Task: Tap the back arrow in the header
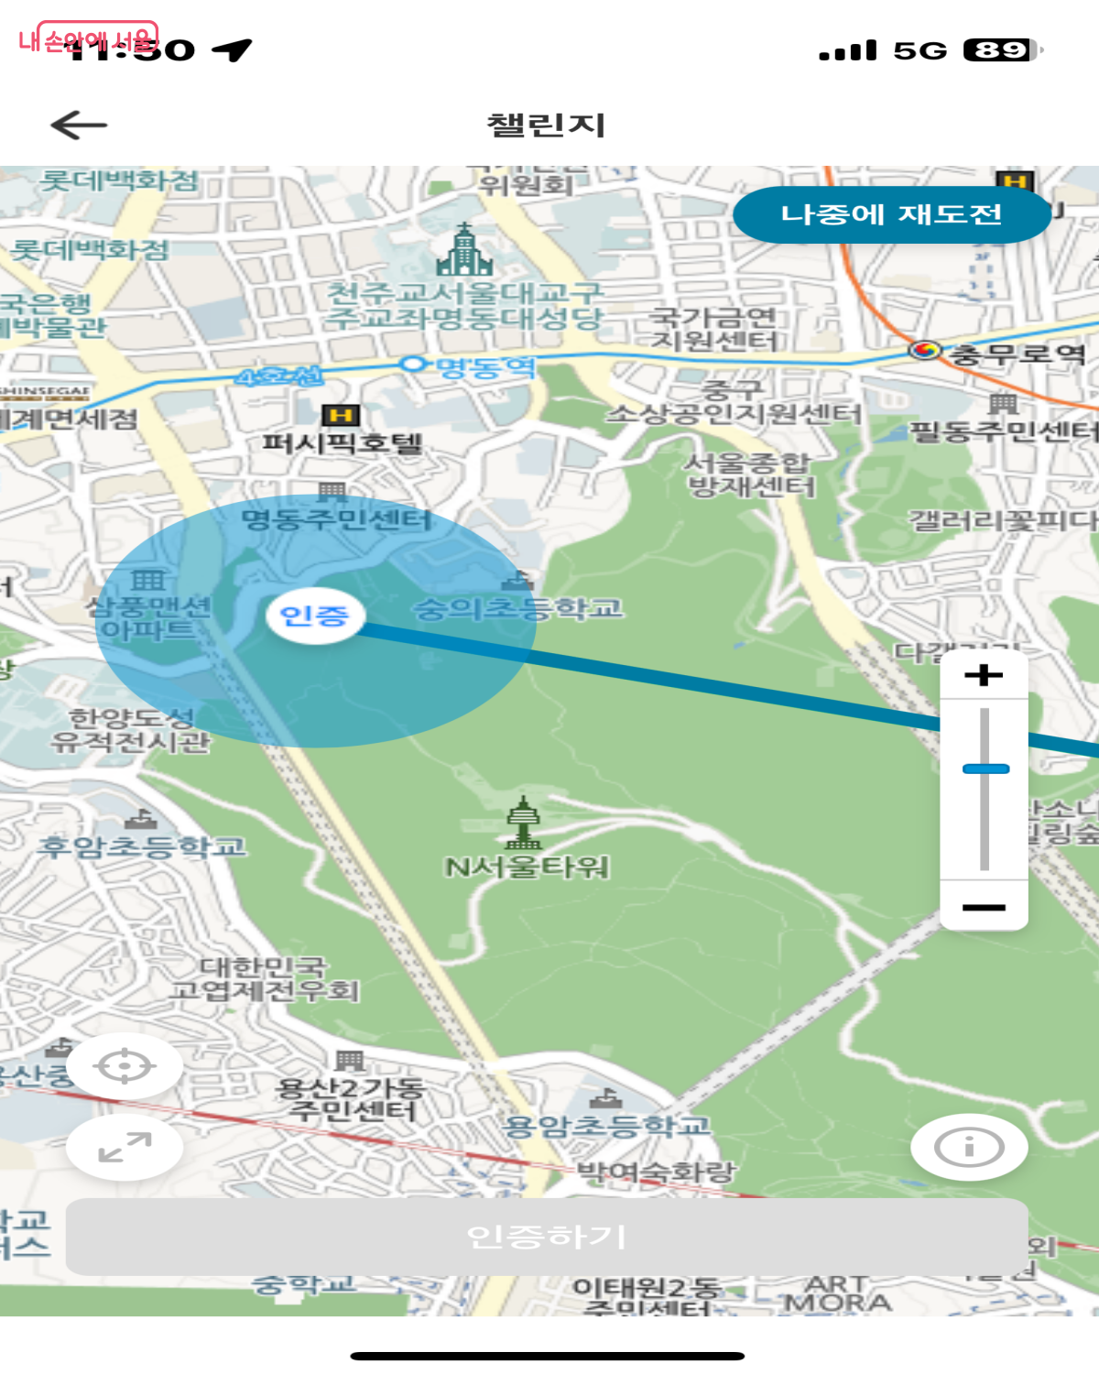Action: (x=79, y=125)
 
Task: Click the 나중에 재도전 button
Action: (x=891, y=214)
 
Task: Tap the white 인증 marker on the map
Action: (x=315, y=615)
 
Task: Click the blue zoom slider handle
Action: (x=985, y=769)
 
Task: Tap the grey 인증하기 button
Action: (x=547, y=1237)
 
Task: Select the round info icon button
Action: (x=969, y=1147)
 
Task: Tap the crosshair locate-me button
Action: (x=125, y=1066)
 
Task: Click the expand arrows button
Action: (x=125, y=1147)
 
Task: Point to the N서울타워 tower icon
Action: (x=523, y=823)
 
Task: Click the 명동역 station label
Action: (x=485, y=367)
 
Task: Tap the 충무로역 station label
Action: (x=1017, y=354)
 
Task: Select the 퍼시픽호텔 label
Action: (x=343, y=443)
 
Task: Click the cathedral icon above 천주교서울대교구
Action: (x=465, y=250)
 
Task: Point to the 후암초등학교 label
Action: (x=142, y=846)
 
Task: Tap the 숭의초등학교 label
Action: (x=518, y=607)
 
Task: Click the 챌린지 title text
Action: (x=547, y=125)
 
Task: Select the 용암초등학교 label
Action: (x=607, y=1126)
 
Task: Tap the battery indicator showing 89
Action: (x=1002, y=49)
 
